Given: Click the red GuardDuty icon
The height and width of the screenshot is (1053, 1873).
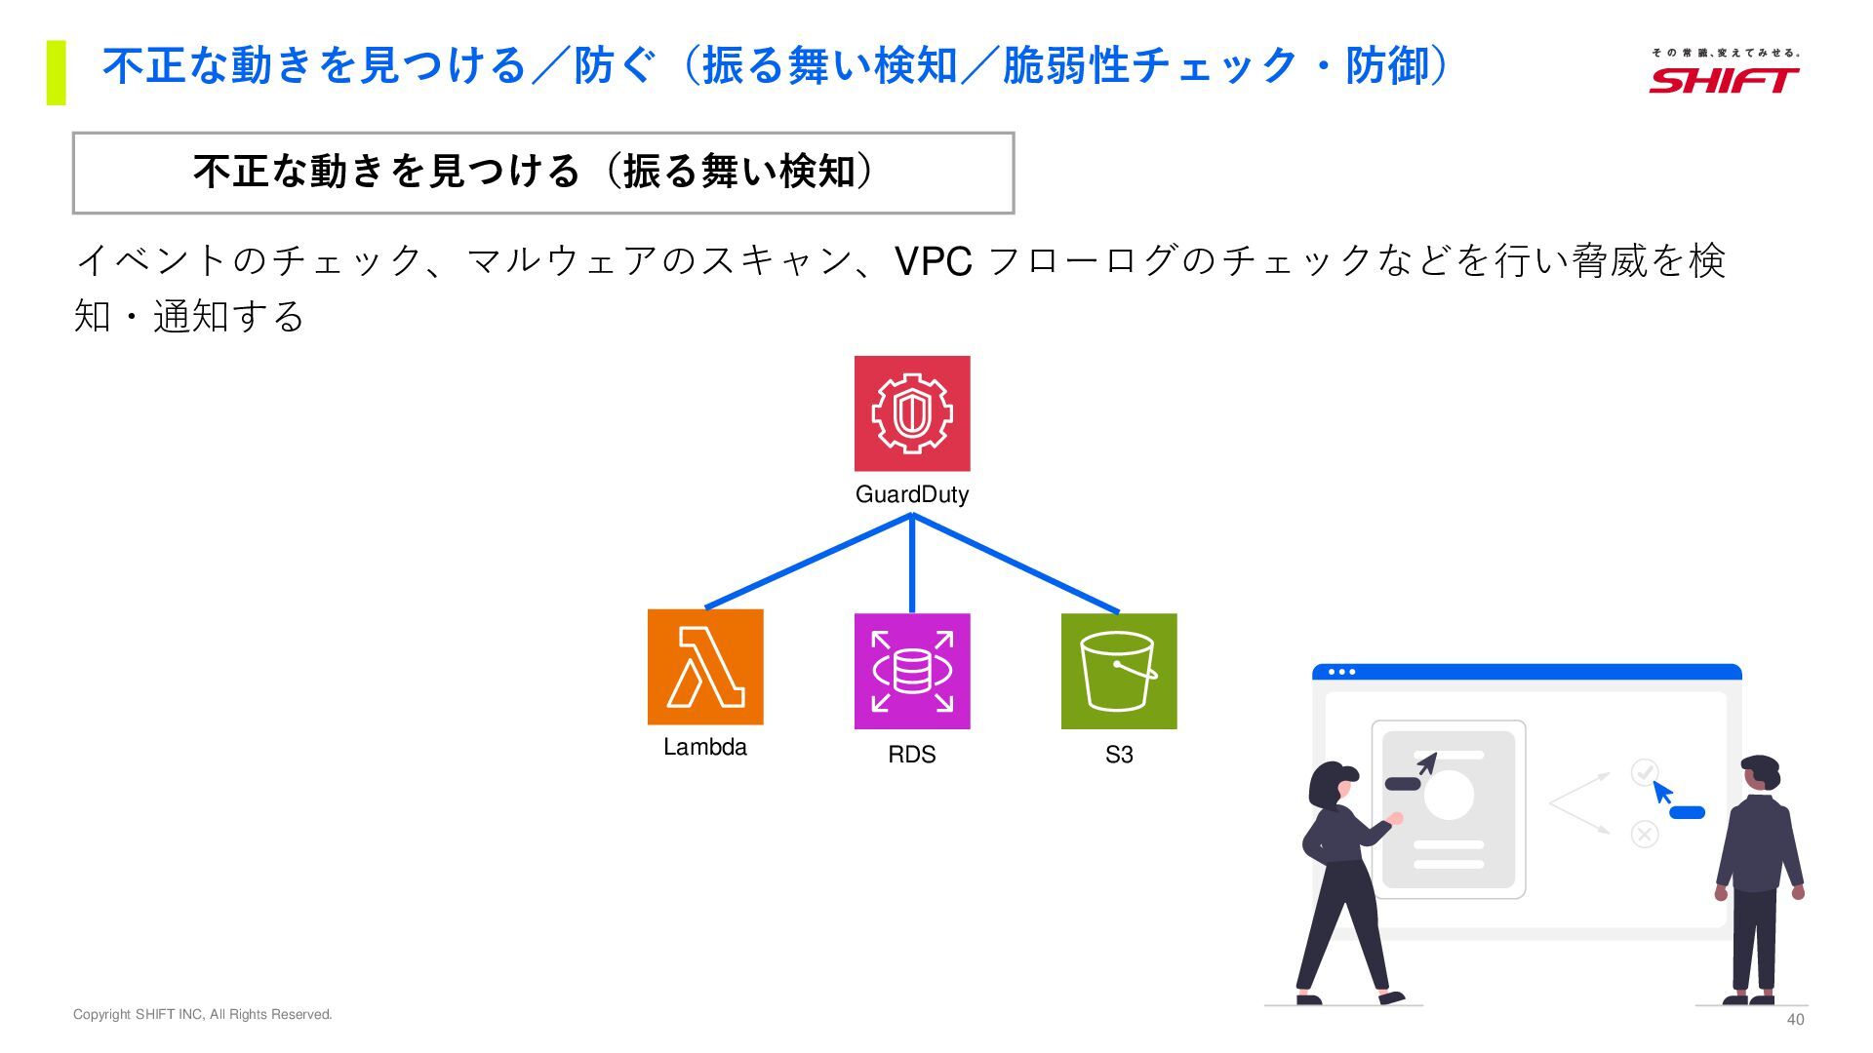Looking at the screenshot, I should pos(912,413).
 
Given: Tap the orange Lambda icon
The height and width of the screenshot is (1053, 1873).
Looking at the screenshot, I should pos(705,667).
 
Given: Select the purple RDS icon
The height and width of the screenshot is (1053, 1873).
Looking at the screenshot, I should pos(912,671).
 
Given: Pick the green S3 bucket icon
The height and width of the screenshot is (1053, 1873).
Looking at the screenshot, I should pos(1119,671).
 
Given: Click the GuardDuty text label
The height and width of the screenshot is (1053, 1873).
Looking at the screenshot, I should pos(912,494).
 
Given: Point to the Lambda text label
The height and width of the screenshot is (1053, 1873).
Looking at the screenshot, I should pos(705,748).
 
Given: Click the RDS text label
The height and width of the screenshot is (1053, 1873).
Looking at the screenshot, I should pos(912,755).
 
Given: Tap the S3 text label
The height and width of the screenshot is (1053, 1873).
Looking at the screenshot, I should pos(1119,755).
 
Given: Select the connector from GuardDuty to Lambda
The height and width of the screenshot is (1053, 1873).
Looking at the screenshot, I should pos(808,562).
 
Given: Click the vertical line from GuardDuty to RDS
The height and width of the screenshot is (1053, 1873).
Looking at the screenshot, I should pos(912,565).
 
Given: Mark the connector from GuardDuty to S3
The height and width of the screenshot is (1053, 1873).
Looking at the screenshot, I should pos(1016,564).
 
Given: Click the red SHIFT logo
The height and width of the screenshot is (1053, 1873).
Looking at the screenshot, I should pos(1724,79).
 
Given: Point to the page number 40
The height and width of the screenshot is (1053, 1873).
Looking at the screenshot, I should pos(1795,1020).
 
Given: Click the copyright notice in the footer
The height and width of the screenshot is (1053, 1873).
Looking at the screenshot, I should pos(203,1015).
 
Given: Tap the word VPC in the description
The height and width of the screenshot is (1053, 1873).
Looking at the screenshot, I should pos(933,261).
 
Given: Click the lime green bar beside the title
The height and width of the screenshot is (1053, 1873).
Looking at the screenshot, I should pos(57,72).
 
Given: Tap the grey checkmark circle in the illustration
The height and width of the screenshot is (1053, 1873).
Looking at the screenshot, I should pos(1645,773).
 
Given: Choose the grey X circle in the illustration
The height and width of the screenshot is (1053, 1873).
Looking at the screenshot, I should pos(1645,834).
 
